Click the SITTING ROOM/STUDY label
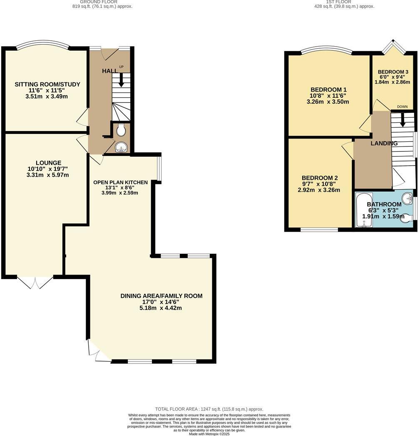point(47,84)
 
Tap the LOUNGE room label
point(48,163)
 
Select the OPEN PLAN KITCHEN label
point(120,182)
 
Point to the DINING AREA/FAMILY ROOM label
point(161,296)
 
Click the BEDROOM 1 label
point(328,89)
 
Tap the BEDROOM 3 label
point(393,72)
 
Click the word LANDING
point(384,143)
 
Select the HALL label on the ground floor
point(109,71)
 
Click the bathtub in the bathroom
point(364,210)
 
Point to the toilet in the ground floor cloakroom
point(121,131)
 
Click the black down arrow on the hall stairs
point(121,80)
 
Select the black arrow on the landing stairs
point(403,120)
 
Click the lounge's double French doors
point(35,282)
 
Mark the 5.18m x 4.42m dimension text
point(161,308)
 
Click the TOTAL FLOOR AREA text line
point(209,409)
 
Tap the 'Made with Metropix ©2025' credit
point(209,434)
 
